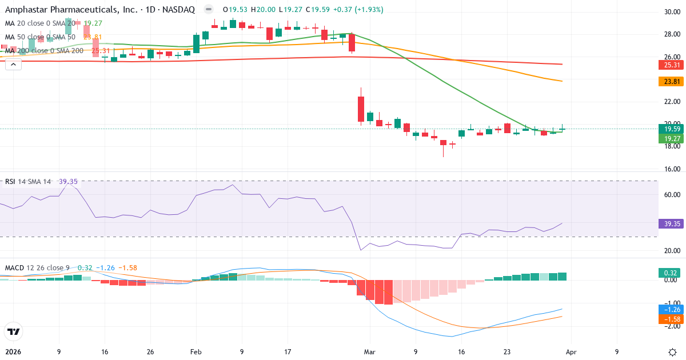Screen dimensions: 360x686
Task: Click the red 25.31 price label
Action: (x=669, y=65)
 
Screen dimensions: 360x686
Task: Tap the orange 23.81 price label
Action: (x=669, y=82)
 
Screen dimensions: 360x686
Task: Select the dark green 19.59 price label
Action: (x=669, y=129)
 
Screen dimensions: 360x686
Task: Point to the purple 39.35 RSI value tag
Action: (x=669, y=223)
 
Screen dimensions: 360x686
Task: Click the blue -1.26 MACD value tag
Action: (x=669, y=309)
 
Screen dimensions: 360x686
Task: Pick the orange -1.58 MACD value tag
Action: (x=669, y=319)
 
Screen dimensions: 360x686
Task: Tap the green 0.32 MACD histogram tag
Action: (x=669, y=273)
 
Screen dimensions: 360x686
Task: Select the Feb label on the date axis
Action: (x=196, y=352)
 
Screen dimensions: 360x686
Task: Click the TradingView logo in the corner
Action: (x=14, y=331)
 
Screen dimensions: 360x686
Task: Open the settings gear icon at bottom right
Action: (x=672, y=351)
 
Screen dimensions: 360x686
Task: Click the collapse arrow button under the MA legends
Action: (x=13, y=65)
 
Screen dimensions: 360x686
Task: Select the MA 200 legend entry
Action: (x=45, y=51)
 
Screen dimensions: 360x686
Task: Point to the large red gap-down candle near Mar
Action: (x=361, y=109)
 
